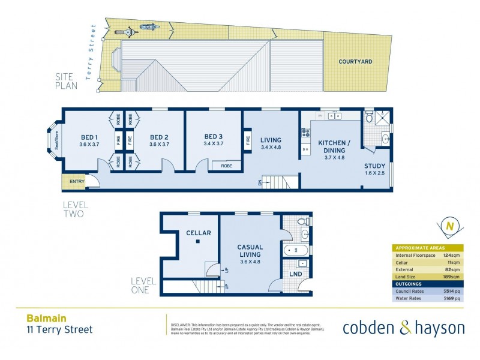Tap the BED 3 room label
[214, 136]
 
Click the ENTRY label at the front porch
[77, 182]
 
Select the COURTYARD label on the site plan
[355, 61]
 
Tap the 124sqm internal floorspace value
[451, 255]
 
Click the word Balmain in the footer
[46, 319]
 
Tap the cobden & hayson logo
[403, 328]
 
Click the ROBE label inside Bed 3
[227, 166]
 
